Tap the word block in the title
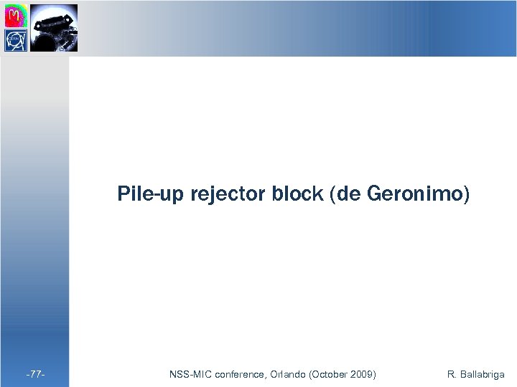click(297, 194)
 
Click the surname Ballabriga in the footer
click(482, 374)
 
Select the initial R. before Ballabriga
click(451, 374)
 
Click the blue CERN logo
click(16, 40)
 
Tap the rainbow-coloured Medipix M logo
click(16, 14)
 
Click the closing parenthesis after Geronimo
click(466, 194)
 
